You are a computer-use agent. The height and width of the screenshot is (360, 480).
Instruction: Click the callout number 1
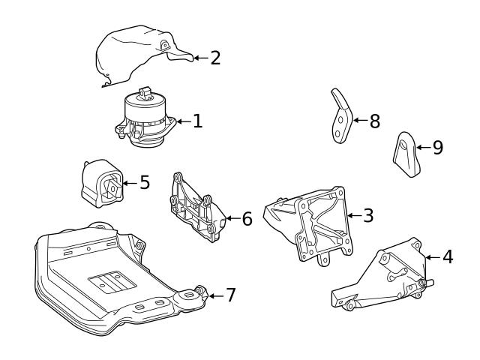point(197,121)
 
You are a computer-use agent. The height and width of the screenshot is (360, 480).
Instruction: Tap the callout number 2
point(215,58)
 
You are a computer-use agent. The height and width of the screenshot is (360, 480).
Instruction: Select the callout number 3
point(367,215)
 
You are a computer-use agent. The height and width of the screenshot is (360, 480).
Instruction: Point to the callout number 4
point(448,257)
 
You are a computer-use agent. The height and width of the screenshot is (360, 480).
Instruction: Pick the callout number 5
point(144,182)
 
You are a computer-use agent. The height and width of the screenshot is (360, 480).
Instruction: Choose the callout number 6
point(247,219)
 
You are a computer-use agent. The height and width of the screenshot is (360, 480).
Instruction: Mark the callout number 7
point(230,295)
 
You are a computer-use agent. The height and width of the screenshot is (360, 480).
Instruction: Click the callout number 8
point(375,120)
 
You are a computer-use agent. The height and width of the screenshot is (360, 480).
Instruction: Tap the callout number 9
point(437,147)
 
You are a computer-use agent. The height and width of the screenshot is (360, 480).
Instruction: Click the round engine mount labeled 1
point(145,120)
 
